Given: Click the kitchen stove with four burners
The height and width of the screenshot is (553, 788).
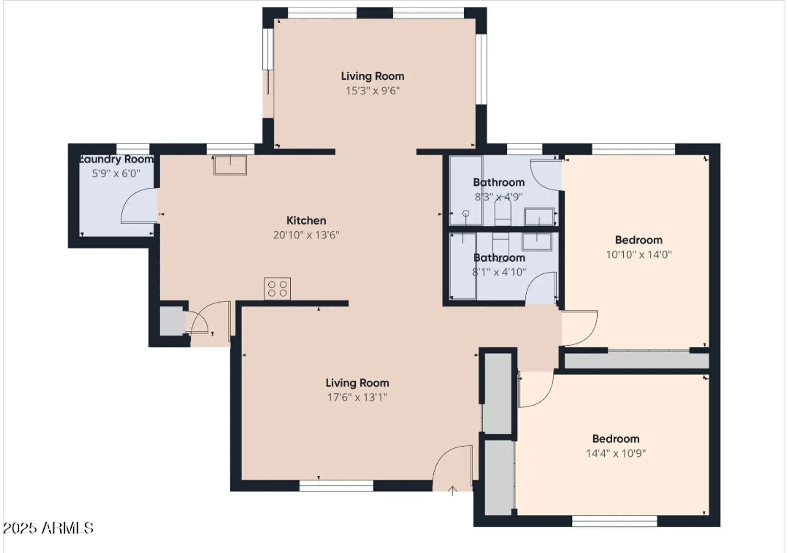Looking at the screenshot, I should click(x=277, y=289).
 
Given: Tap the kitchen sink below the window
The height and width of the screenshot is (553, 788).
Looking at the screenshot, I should click(x=230, y=165).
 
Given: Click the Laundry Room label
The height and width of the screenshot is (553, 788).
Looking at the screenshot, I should click(x=117, y=159).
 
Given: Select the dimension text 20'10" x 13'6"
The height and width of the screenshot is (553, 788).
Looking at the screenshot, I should click(x=306, y=235).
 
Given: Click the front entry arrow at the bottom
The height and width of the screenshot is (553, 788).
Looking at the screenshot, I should click(x=452, y=491).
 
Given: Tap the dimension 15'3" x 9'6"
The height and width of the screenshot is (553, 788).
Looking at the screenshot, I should click(x=372, y=91).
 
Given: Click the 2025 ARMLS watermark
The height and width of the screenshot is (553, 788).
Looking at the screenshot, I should click(x=48, y=528).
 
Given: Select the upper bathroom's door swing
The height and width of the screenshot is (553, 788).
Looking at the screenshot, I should click(x=545, y=175).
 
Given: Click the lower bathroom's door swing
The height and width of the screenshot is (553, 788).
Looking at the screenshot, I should click(x=541, y=288).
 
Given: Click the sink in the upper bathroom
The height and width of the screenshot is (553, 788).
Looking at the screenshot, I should click(x=539, y=216).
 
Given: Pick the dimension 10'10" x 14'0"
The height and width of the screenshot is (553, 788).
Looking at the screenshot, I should click(x=638, y=254).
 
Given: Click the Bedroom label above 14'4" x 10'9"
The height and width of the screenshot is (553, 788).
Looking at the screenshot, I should click(x=615, y=439).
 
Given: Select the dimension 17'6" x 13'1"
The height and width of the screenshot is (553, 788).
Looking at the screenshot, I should click(x=357, y=397).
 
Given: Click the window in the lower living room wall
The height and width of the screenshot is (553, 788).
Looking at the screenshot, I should click(x=336, y=486).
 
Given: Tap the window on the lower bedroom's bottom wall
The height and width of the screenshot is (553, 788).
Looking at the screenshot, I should click(x=614, y=521).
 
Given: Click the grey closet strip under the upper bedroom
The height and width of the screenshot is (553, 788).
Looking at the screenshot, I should click(x=636, y=361).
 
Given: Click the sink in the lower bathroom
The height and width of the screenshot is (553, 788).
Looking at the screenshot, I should click(x=536, y=241).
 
